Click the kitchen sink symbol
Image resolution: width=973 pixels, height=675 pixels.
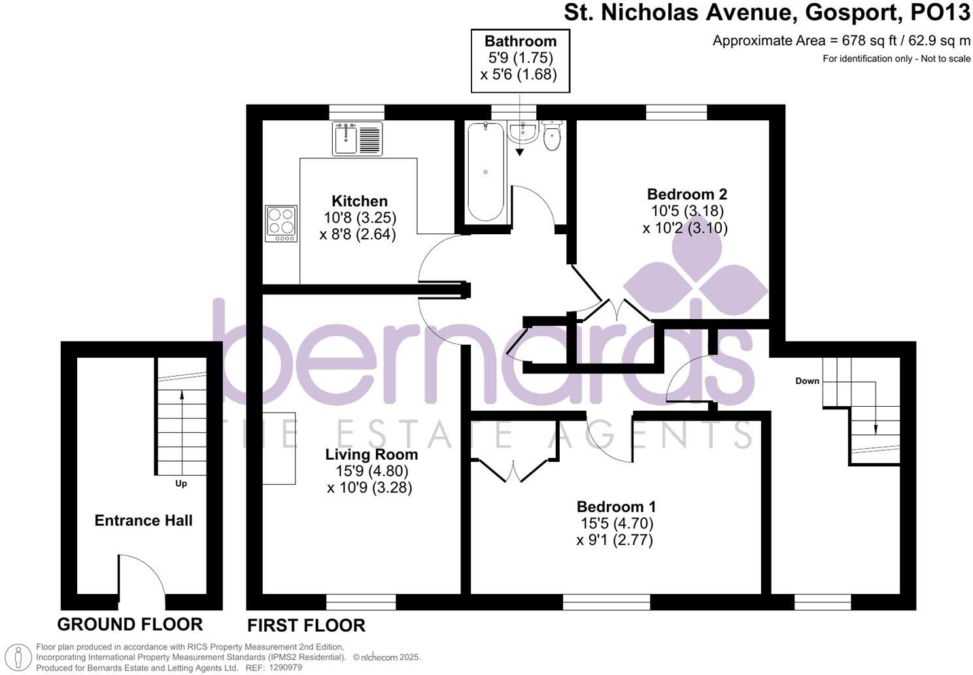pyautogui.click(x=356, y=139)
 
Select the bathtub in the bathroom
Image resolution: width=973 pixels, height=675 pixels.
pyautogui.click(x=485, y=171)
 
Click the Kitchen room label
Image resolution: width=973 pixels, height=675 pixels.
pyautogui.click(x=359, y=201)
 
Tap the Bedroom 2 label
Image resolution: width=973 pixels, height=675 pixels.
pyautogui.click(x=687, y=194)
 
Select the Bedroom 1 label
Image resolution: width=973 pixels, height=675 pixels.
pyautogui.click(x=616, y=507)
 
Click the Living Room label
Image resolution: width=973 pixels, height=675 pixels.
pyautogui.click(x=371, y=454)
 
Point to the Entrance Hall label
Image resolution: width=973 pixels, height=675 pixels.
pyautogui.click(x=144, y=521)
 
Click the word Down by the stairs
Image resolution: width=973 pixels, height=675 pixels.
pyautogui.click(x=807, y=381)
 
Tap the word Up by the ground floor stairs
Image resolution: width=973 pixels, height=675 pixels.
pyautogui.click(x=181, y=484)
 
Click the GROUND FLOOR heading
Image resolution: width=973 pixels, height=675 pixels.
pyautogui.click(x=129, y=624)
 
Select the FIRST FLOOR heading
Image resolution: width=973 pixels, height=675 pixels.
pyautogui.click(x=306, y=625)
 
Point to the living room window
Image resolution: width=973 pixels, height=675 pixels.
pyautogui.click(x=361, y=601)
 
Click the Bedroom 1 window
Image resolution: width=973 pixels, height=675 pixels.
pyautogui.click(x=606, y=601)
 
